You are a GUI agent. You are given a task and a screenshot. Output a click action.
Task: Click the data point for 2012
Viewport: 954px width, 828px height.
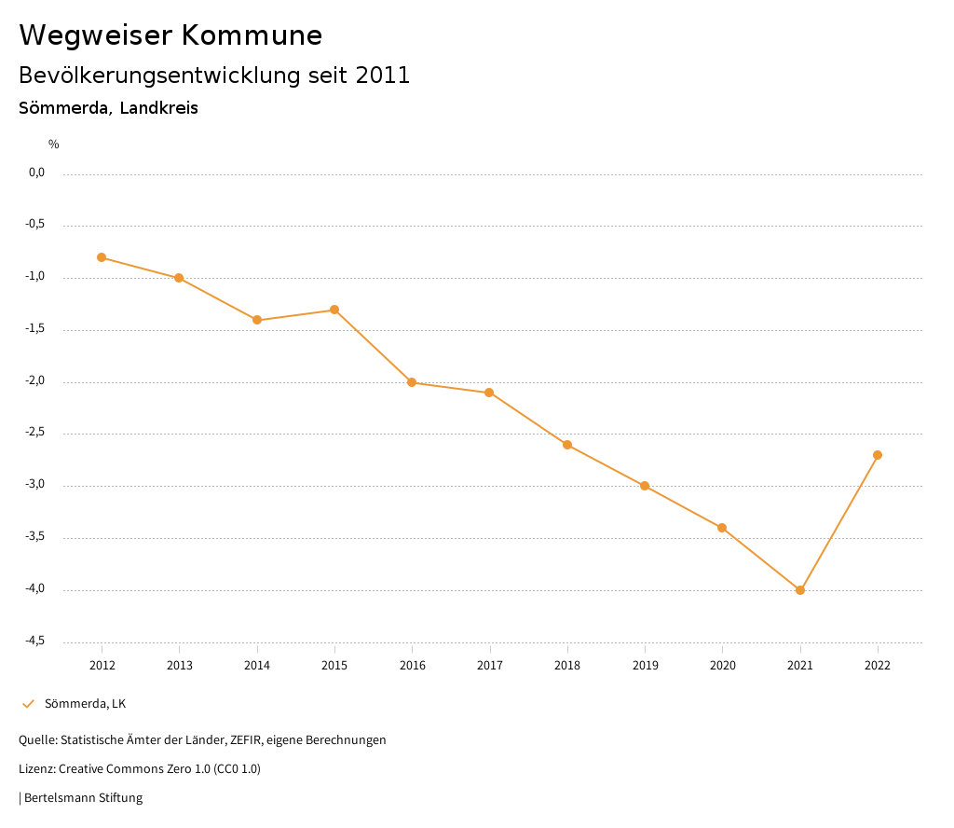click(102, 257)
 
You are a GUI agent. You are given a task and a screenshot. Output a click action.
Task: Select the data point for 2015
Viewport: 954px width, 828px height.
click(334, 310)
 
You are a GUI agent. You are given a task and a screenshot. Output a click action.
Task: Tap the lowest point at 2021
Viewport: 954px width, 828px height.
click(800, 590)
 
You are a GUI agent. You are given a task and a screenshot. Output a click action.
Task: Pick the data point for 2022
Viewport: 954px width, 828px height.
click(878, 455)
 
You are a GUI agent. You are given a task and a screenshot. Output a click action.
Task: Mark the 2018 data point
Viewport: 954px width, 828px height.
click(567, 445)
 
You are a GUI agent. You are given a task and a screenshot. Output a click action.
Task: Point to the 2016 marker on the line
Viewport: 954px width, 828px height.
click(412, 382)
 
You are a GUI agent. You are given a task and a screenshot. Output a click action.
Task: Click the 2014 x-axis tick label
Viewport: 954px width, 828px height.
click(257, 666)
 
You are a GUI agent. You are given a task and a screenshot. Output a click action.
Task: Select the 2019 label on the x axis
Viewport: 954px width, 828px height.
click(645, 666)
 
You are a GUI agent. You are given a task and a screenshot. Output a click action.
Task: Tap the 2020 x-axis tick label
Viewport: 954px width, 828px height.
click(723, 666)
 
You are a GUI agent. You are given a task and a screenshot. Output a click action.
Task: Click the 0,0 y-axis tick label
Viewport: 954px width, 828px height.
click(36, 172)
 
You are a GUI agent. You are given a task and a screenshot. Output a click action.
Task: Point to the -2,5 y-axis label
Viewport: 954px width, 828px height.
click(35, 433)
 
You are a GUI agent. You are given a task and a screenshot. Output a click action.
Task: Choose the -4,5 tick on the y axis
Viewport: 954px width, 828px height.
click(35, 641)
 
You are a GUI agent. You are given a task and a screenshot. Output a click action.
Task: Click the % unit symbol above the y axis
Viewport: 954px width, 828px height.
click(54, 145)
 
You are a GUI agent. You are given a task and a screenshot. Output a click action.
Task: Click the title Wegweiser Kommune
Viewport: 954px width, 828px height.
click(170, 35)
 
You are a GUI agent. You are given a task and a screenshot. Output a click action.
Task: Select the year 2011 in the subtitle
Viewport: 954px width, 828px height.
click(383, 76)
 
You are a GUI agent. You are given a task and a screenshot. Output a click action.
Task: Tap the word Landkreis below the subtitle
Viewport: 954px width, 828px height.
click(159, 108)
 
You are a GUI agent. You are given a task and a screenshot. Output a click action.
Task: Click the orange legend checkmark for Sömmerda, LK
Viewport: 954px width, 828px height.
click(28, 704)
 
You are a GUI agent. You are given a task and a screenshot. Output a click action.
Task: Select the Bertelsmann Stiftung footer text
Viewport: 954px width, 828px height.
click(83, 798)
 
